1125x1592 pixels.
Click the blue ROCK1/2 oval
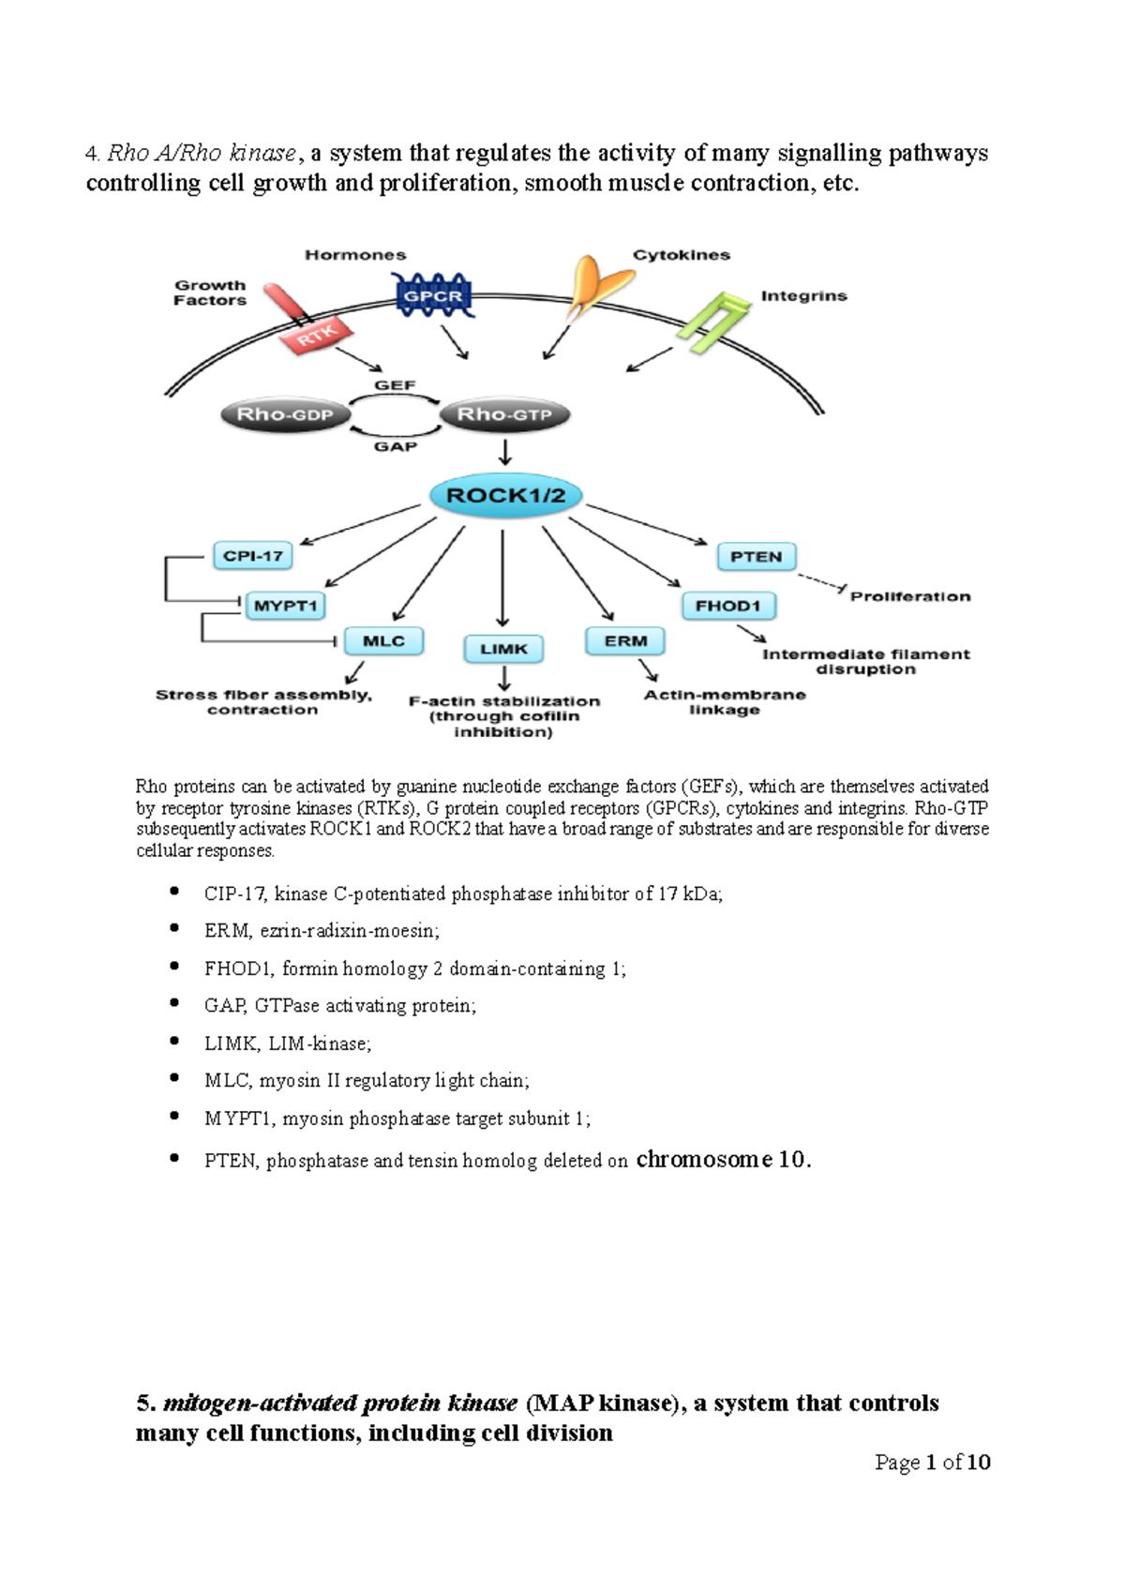(x=505, y=496)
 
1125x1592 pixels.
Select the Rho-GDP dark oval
(x=284, y=414)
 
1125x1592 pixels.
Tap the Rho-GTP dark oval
(x=504, y=414)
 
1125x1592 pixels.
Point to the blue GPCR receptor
(x=432, y=296)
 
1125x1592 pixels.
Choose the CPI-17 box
(x=253, y=556)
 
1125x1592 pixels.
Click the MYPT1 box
(x=285, y=606)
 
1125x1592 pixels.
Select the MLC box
(x=383, y=641)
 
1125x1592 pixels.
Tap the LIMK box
(x=503, y=649)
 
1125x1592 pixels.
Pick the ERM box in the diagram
(x=625, y=641)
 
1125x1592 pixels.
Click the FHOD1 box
(x=728, y=606)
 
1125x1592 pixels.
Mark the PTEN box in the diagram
(x=756, y=557)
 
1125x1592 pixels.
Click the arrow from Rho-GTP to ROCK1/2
(x=505, y=453)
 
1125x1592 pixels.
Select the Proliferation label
(x=909, y=596)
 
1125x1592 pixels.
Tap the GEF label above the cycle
(x=395, y=385)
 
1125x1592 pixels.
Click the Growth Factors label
(x=210, y=293)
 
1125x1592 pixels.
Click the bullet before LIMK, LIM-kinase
(x=174, y=1041)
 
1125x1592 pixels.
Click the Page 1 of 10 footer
(x=932, y=1462)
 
